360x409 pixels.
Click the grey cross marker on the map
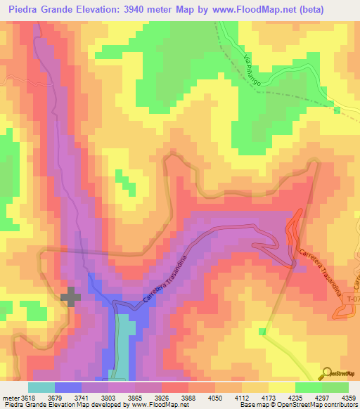(x=70, y=297)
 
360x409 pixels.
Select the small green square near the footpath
(x=263, y=331)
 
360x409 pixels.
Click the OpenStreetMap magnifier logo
(x=327, y=372)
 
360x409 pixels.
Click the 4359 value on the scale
(x=349, y=397)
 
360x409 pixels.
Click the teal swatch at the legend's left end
(x=41, y=387)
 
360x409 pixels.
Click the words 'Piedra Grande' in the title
(x=38, y=10)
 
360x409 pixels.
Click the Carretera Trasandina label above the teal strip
(x=167, y=280)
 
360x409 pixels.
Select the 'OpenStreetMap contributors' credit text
(x=323, y=405)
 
